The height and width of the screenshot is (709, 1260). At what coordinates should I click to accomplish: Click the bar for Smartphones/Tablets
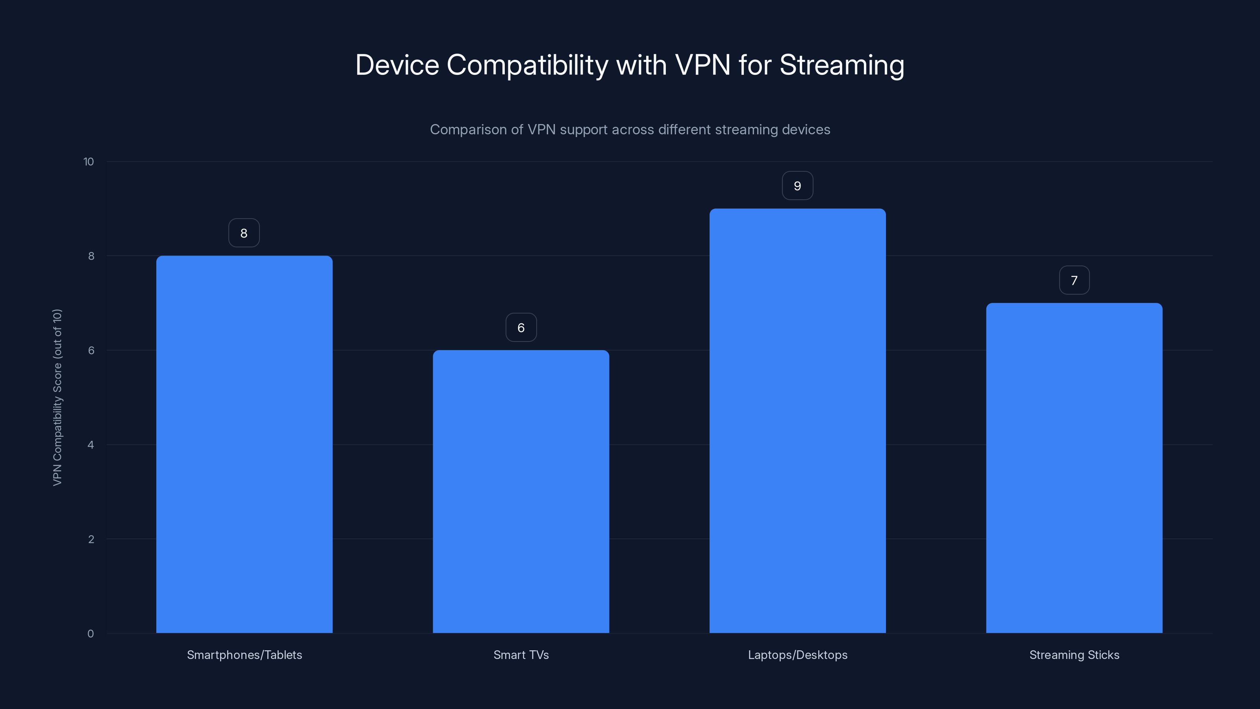[244, 444]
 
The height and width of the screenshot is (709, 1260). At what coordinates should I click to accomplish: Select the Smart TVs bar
[521, 491]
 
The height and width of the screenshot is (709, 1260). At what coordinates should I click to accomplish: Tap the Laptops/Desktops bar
[797, 420]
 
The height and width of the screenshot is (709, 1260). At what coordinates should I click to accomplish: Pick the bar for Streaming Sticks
[1074, 468]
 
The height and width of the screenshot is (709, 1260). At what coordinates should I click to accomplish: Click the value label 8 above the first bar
[244, 233]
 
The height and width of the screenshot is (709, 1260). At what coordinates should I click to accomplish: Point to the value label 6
[521, 327]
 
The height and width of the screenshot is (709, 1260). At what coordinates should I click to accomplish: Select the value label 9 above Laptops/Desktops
[797, 186]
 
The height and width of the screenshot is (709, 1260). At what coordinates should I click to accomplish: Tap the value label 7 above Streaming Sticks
[1074, 280]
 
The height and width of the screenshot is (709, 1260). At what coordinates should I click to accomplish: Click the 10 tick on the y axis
[89, 161]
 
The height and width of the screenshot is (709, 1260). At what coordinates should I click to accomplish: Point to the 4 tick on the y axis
[91, 445]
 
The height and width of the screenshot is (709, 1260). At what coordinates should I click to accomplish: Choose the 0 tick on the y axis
[91, 634]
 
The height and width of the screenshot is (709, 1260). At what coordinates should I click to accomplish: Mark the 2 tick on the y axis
[91, 539]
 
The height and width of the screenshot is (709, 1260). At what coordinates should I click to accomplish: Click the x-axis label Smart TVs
[521, 655]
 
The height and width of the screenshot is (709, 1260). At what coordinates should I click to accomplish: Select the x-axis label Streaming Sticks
[1074, 655]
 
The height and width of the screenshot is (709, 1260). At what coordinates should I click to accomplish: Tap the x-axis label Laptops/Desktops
[797, 655]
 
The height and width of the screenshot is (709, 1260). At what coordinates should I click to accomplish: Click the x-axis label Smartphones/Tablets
[244, 655]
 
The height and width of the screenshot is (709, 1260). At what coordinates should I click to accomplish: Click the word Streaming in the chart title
[841, 65]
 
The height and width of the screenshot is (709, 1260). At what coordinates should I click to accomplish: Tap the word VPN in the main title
[702, 65]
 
